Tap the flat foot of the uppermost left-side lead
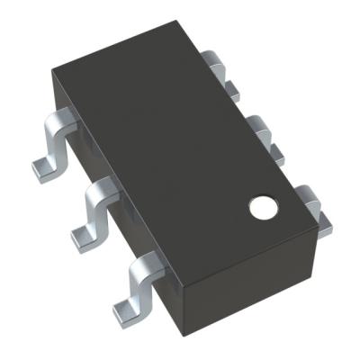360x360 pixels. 45,166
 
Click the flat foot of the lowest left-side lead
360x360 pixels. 127,310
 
